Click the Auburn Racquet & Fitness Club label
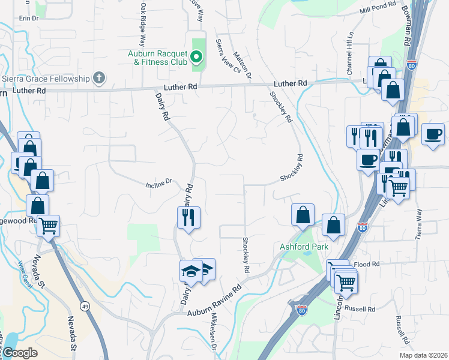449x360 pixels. point(158,57)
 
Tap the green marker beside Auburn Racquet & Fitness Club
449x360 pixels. point(196,58)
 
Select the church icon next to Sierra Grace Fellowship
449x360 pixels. point(99,77)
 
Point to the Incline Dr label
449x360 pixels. point(159,182)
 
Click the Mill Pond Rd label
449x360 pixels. point(378,7)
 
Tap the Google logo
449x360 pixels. point(20,353)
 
